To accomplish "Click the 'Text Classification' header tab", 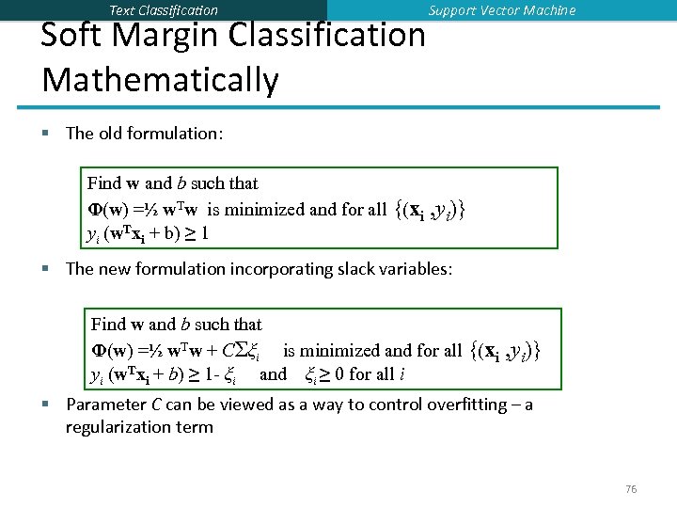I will coord(164,10).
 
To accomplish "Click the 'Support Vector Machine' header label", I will coord(502,10).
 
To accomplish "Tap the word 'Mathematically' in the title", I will coord(160,80).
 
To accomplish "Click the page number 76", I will coord(631,489).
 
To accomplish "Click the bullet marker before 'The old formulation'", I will coord(46,134).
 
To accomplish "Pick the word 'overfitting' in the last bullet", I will coord(465,405).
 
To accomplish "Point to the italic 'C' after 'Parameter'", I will coord(156,405).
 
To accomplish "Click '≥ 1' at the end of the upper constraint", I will coord(198,233).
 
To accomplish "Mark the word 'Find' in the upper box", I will coord(103,183).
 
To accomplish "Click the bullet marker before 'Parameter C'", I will coord(46,405).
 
